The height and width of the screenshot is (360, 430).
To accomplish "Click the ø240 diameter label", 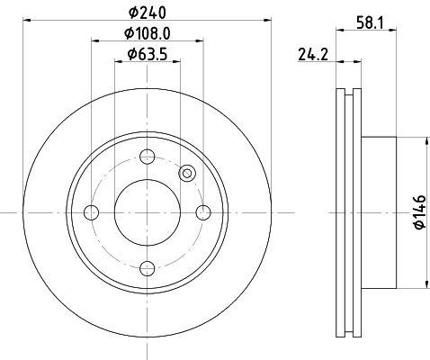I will pyautogui.click(x=147, y=13).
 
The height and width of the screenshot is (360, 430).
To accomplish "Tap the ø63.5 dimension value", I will pyautogui.click(x=147, y=54).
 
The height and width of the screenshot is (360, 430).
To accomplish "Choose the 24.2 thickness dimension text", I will pyautogui.click(x=311, y=54).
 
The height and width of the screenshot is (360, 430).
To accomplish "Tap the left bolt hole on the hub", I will pyautogui.click(x=90, y=212).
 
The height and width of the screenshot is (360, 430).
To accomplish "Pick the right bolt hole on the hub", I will pyautogui.click(x=203, y=212).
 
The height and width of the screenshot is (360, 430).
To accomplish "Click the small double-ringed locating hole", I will pyautogui.click(x=187, y=174).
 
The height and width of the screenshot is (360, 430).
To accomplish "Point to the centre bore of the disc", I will pyautogui.click(x=147, y=212).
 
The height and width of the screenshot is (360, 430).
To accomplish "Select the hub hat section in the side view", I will pyautogui.click(x=378, y=212).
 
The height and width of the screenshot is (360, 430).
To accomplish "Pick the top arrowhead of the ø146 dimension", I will pyautogui.click(x=422, y=140).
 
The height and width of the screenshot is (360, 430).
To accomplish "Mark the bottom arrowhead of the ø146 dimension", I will pyautogui.click(x=422, y=284).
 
